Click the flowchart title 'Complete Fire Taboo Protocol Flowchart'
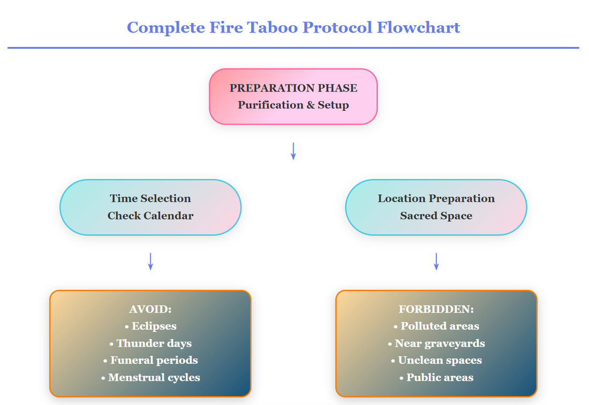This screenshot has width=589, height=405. [x=293, y=27]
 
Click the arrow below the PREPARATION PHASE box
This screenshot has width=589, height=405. [x=293, y=151]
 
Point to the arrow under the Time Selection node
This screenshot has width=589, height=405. [x=150, y=261]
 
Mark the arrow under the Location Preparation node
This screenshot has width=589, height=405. [x=436, y=261]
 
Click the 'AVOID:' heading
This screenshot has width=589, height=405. [x=150, y=309]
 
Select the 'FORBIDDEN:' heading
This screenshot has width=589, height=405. [x=436, y=309]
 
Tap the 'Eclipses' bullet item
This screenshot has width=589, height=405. [x=150, y=326]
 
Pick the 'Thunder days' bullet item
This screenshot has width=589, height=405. [x=150, y=343]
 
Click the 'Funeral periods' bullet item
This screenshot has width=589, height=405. [x=150, y=360]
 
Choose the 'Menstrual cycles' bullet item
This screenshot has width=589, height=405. [x=150, y=377]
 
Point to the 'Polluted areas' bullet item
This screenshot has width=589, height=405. [x=436, y=326]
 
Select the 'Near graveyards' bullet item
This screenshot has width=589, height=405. [x=436, y=343]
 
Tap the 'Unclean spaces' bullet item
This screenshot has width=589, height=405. [x=436, y=360]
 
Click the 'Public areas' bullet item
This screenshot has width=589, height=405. [x=436, y=377]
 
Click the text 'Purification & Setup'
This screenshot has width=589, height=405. [x=293, y=105]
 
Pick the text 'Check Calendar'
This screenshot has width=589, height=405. [x=150, y=216]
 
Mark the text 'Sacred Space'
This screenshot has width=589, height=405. [x=436, y=216]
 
